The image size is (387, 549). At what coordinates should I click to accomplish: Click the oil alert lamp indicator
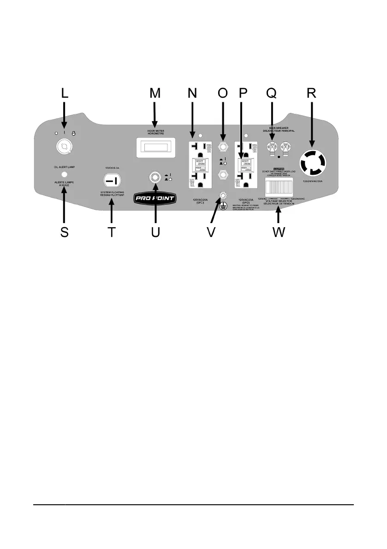point(64,175)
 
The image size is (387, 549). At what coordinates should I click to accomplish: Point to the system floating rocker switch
point(111,179)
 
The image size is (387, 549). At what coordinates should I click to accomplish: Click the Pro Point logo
point(156,199)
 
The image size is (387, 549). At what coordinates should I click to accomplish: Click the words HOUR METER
point(155,131)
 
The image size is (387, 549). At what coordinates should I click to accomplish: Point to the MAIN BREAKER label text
point(276,129)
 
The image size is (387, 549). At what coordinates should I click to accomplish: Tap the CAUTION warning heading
point(278,170)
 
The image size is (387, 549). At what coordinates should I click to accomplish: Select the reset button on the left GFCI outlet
point(200,162)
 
